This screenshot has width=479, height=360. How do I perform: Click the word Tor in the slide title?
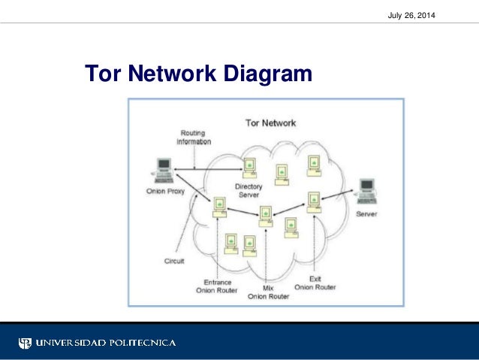[x=104, y=74]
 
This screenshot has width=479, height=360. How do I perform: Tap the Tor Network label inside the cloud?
[x=270, y=123]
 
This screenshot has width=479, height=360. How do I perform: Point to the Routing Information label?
[x=194, y=138]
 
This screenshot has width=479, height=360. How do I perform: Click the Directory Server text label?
[x=247, y=190]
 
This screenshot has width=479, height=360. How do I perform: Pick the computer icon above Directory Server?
[x=247, y=168]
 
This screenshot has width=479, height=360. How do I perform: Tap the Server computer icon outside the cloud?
[x=367, y=191]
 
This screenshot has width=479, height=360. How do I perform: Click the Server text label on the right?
[x=366, y=214]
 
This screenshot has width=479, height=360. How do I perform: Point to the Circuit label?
[x=174, y=261]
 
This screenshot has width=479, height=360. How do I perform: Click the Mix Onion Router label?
[x=267, y=292]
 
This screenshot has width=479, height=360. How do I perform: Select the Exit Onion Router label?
[x=315, y=283]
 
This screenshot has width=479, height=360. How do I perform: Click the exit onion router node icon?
[x=313, y=201]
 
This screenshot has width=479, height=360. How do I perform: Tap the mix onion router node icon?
[x=266, y=216]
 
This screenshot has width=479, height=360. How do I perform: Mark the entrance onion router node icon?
[x=219, y=206]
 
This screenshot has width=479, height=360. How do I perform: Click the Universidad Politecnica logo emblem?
[x=26, y=343]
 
